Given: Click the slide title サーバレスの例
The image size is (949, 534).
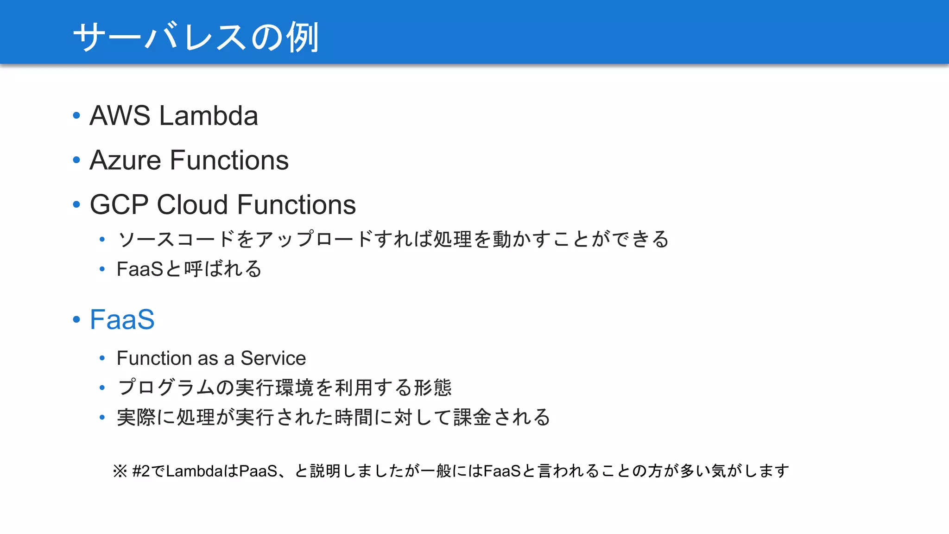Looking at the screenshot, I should pyautogui.click(x=196, y=37).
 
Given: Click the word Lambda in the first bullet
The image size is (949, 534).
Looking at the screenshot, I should pyautogui.click(x=209, y=115).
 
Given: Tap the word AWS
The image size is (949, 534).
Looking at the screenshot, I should pyautogui.click(x=120, y=115).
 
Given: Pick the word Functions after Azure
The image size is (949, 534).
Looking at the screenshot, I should pyautogui.click(x=229, y=160).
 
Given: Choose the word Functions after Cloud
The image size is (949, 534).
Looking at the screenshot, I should pyautogui.click(x=297, y=204).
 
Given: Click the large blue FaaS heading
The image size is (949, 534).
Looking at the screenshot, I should pyautogui.click(x=122, y=319).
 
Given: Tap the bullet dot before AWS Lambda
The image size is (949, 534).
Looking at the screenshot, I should pyautogui.click(x=76, y=115).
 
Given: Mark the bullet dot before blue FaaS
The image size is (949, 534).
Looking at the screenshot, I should pyautogui.click(x=76, y=319).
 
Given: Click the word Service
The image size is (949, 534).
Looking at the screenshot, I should pyautogui.click(x=273, y=358).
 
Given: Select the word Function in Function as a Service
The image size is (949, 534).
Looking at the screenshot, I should pyautogui.click(x=154, y=358).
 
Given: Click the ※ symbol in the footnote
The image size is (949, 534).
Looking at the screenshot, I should pyautogui.click(x=120, y=471).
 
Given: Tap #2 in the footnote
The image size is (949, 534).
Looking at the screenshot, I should pyautogui.click(x=141, y=471).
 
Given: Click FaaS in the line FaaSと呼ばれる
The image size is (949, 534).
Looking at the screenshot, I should pyautogui.click(x=139, y=269).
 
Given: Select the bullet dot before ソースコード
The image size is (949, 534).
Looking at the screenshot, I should pyautogui.click(x=102, y=240).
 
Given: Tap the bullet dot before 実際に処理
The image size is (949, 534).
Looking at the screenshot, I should pyautogui.click(x=102, y=418).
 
